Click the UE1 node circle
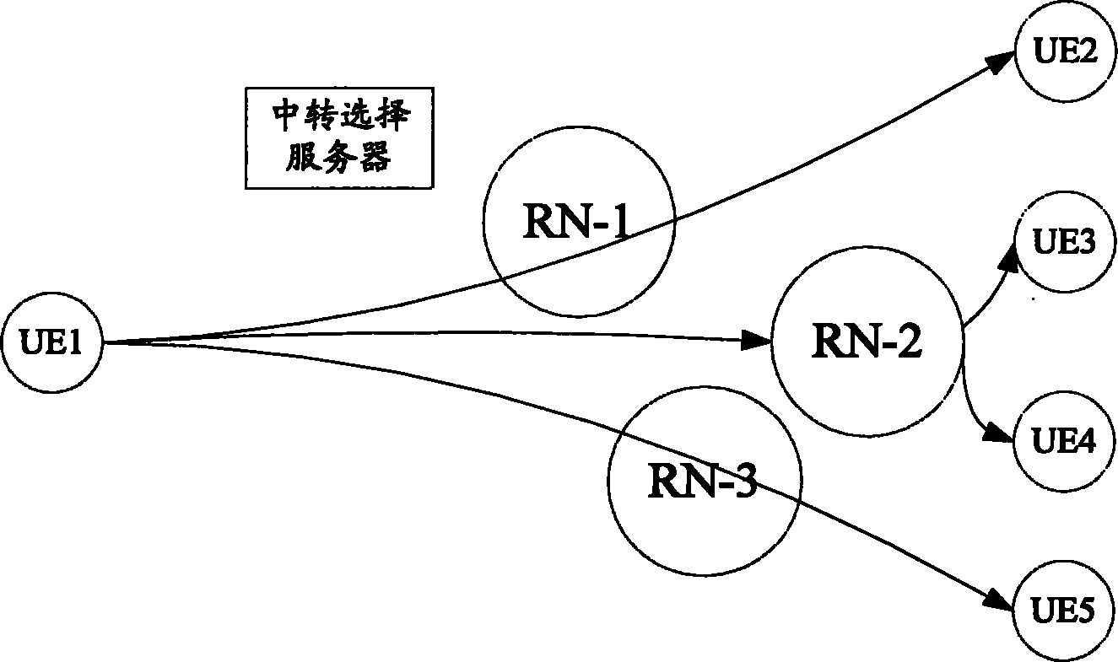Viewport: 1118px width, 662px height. [x=51, y=342]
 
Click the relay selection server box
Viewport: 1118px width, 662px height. [x=339, y=137]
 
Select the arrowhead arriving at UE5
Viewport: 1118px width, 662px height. [x=999, y=600]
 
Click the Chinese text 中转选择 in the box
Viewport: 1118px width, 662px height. [x=340, y=118]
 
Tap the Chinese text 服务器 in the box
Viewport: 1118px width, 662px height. [x=340, y=157]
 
